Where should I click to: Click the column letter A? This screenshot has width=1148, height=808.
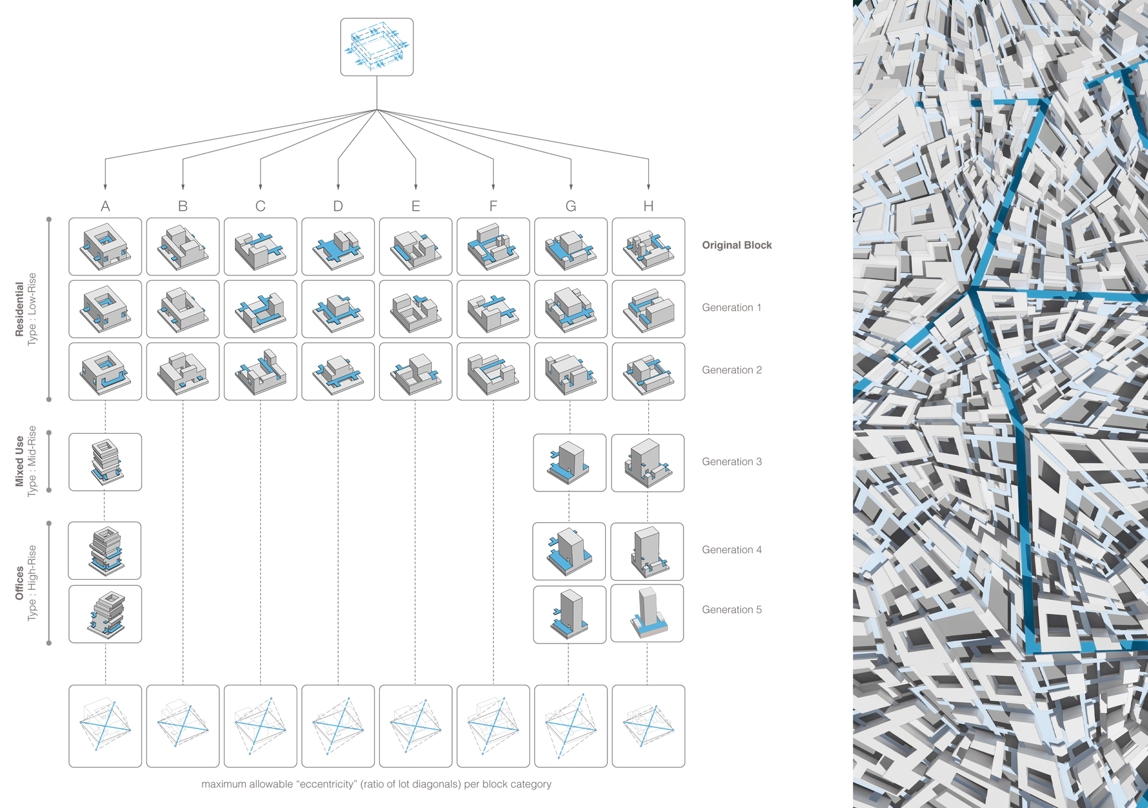click(x=105, y=206)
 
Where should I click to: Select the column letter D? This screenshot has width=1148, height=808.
click(x=338, y=206)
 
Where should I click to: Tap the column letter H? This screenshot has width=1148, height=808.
click(x=648, y=206)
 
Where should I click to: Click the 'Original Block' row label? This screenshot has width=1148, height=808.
click(x=736, y=245)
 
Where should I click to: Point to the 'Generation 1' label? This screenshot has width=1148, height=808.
click(x=731, y=308)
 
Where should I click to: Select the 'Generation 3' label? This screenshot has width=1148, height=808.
click(x=732, y=462)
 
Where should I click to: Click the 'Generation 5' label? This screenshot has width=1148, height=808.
click(x=732, y=610)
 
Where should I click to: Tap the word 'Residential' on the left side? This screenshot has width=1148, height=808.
click(x=19, y=309)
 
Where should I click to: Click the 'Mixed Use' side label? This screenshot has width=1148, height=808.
click(x=19, y=461)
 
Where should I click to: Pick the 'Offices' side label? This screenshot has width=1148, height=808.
click(x=19, y=583)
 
